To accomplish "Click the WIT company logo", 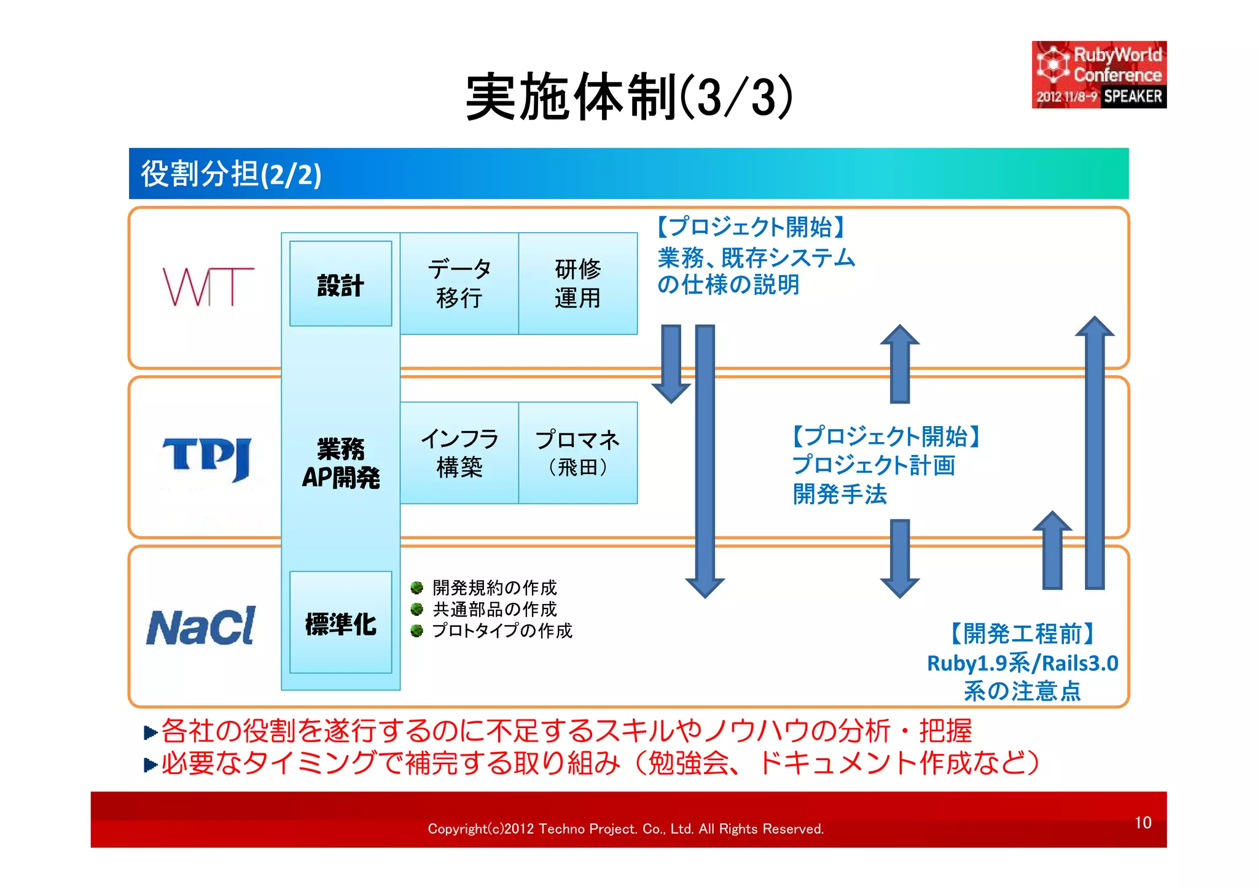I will click(208, 287).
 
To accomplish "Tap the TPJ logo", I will click(206, 459).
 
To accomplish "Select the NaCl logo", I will click(201, 627).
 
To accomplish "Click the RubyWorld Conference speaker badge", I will click(1098, 75).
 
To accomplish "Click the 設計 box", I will click(340, 284).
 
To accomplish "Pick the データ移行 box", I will click(459, 284).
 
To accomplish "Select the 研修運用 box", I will click(577, 284).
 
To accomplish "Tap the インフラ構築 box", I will click(459, 453).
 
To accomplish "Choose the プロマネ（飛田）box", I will click(577, 453).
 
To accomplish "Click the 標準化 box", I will click(340, 623).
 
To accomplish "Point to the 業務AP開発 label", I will click(340, 463).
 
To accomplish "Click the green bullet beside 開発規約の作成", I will click(416, 588).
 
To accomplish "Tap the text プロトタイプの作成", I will click(502, 631).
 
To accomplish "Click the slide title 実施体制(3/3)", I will click(628, 97).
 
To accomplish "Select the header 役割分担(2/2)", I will click(231, 174).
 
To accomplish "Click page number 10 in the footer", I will click(1143, 823).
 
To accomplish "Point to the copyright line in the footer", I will click(625, 829).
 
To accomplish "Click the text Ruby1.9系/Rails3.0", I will click(1022, 663).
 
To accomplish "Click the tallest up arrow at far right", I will click(1095, 454).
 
